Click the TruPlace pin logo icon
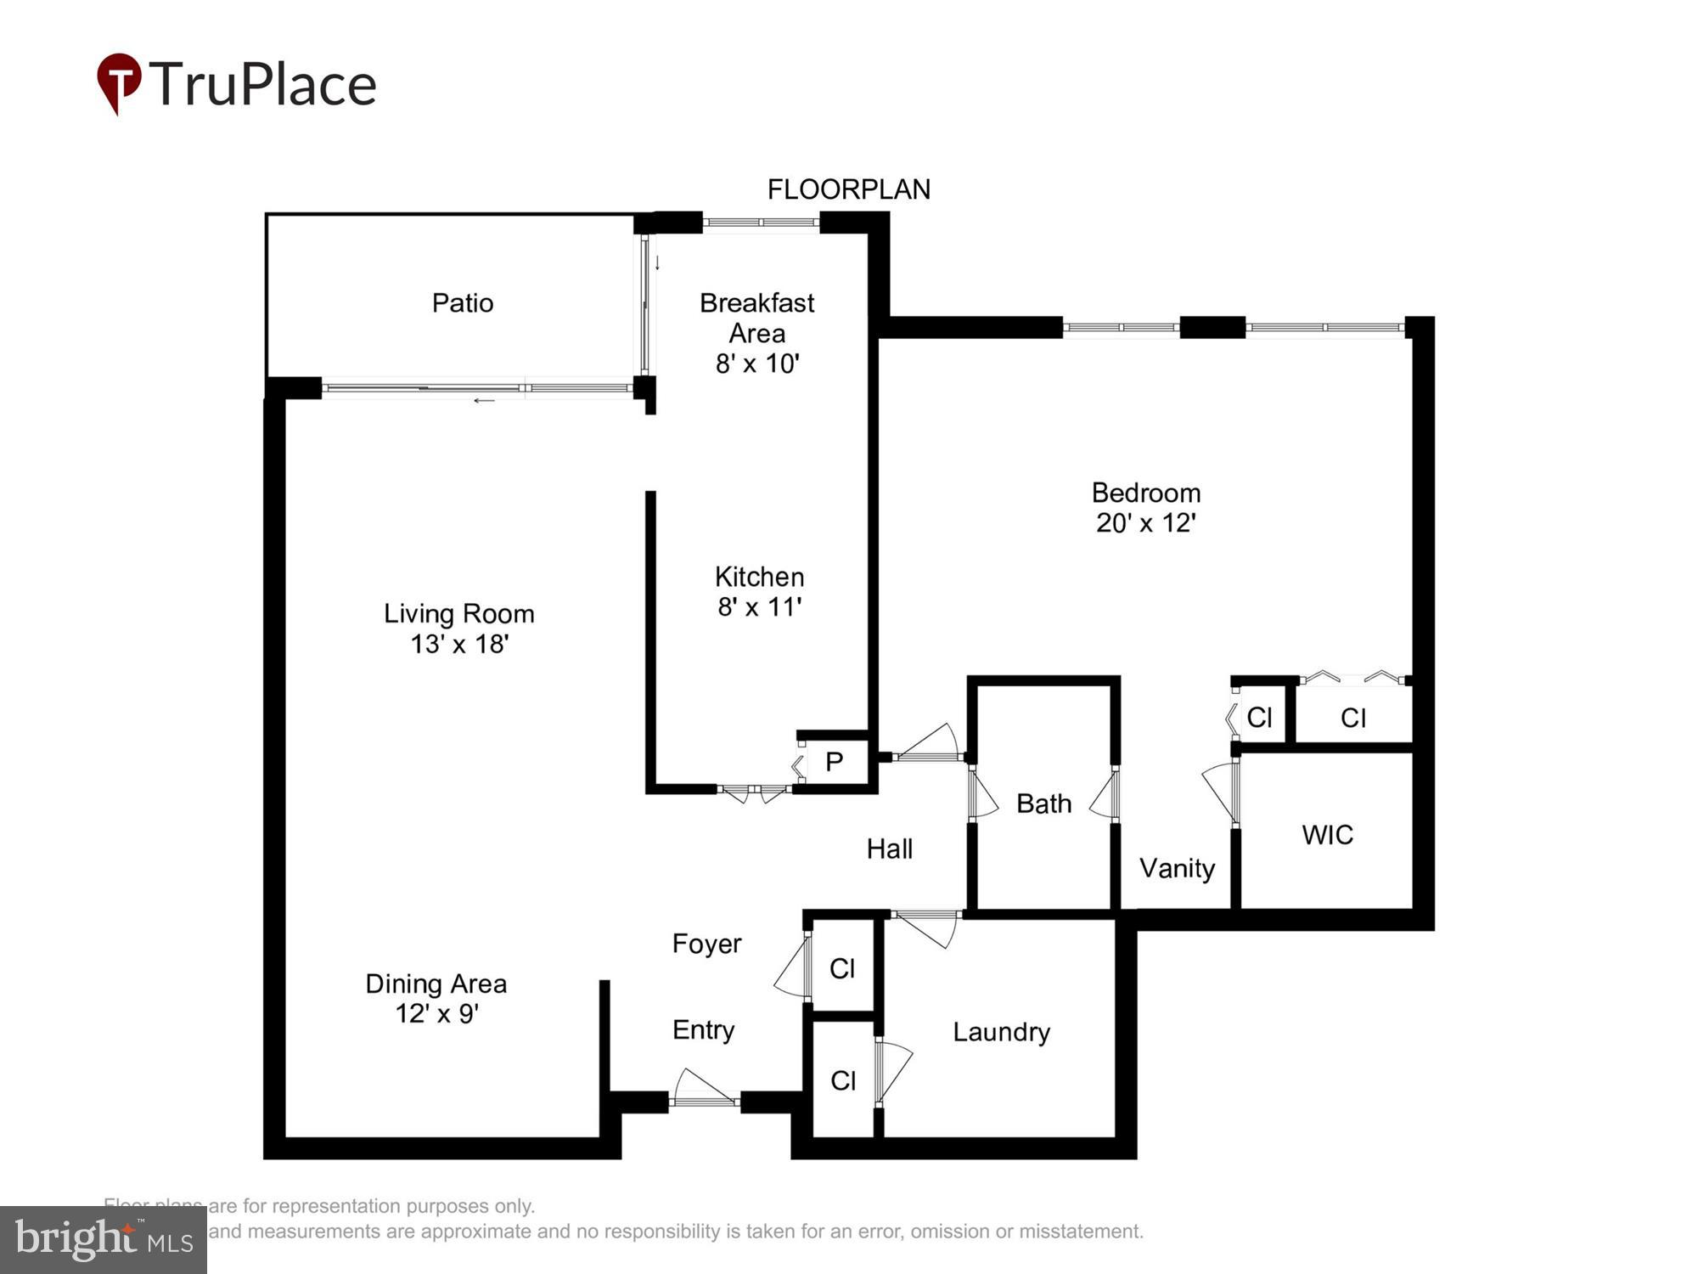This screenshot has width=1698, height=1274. click(x=119, y=82)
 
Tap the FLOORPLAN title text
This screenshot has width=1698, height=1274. click(x=848, y=189)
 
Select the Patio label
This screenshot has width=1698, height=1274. click(x=462, y=303)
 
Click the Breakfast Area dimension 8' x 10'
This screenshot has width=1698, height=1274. click(x=756, y=364)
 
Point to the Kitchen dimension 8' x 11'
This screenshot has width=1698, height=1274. click(x=759, y=606)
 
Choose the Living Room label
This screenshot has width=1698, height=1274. click(x=458, y=613)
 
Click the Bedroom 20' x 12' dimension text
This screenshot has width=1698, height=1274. click(x=1145, y=522)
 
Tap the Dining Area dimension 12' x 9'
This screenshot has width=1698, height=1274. click(x=436, y=1013)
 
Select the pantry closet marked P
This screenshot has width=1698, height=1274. click(x=834, y=762)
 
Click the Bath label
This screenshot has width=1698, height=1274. click(x=1043, y=803)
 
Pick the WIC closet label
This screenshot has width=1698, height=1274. click(x=1327, y=835)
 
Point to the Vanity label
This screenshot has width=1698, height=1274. click(x=1177, y=868)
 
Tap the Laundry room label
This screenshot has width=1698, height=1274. click(x=1001, y=1032)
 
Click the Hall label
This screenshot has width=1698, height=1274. click(x=889, y=848)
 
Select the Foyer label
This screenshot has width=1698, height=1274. click(x=706, y=944)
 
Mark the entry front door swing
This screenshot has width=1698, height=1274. click(x=704, y=1090)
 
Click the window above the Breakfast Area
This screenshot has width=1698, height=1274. click(x=761, y=223)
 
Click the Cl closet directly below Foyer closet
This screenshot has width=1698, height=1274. click(x=842, y=1080)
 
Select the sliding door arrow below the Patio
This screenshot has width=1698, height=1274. click(x=484, y=400)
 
